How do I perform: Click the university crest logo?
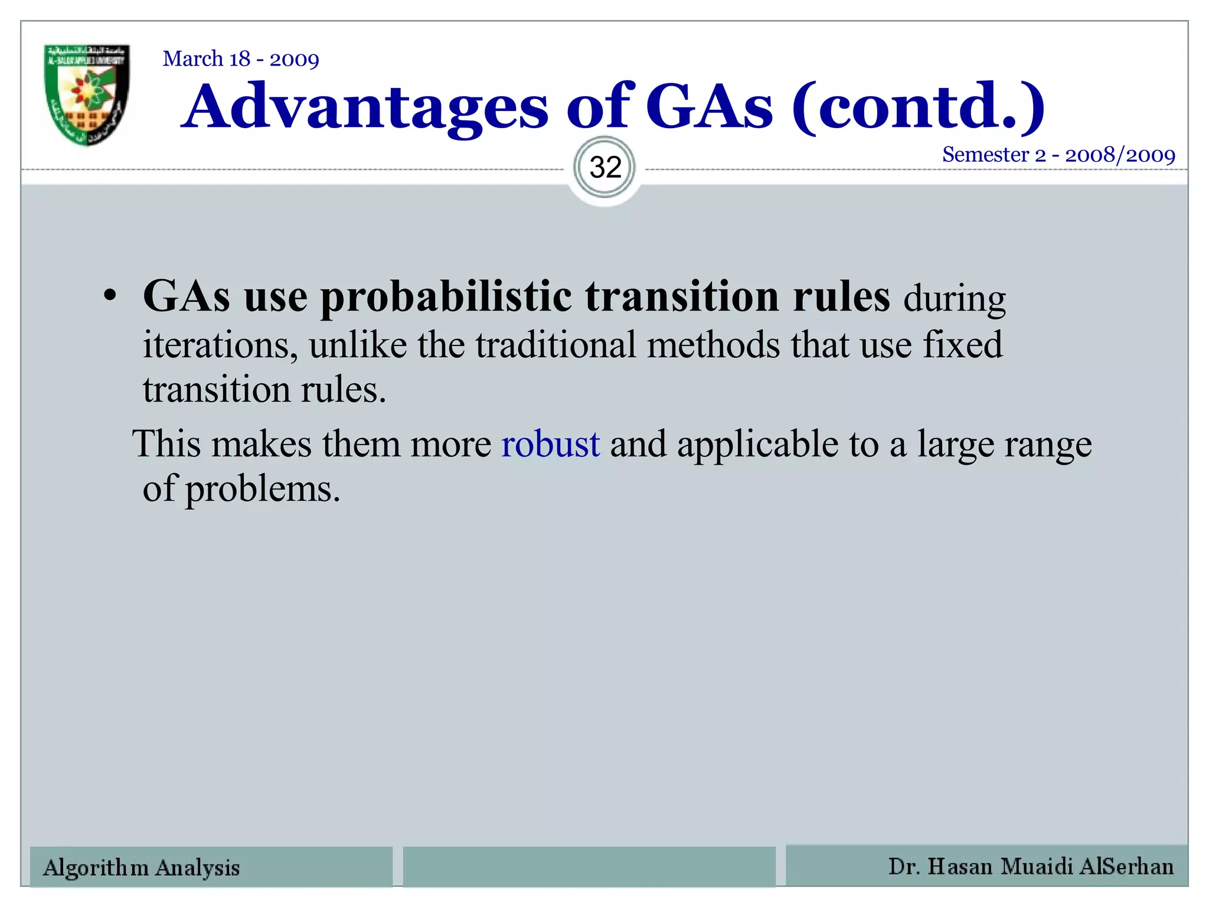(87, 94)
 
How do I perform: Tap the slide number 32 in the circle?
(605, 168)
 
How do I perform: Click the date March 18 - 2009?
(241, 59)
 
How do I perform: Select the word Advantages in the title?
(365, 107)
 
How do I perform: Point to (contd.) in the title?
(918, 107)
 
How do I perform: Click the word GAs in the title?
(709, 107)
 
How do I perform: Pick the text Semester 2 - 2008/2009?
(1058, 155)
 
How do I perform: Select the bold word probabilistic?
(446, 297)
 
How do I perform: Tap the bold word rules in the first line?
(841, 297)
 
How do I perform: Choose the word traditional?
(556, 345)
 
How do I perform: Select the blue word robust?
(550, 444)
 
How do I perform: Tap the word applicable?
(757, 444)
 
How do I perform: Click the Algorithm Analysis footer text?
(142, 867)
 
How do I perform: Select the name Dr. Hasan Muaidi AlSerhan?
(1031, 866)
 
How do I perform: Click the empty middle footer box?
(589, 866)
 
